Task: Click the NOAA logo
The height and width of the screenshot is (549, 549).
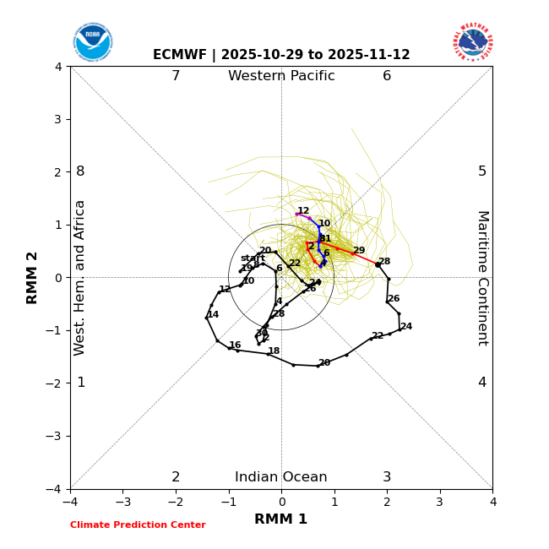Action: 92,42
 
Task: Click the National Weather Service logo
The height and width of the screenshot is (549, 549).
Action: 472,42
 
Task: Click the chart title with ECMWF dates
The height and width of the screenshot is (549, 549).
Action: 281,55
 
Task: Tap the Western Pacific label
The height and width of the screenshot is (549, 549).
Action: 281,76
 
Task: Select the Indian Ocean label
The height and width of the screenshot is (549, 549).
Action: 281,477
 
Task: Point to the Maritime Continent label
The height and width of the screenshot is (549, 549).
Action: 481,278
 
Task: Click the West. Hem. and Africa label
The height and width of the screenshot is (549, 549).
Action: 80,278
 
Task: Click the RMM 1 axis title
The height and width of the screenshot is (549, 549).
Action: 281,519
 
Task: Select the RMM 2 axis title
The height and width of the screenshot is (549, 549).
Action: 33,278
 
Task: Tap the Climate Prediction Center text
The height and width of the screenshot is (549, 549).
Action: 138,525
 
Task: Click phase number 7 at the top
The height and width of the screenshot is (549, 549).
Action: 176,76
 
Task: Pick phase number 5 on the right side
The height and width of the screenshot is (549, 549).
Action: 482,171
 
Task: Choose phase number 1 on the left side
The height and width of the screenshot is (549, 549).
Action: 81,383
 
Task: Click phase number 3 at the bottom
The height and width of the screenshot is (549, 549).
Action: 387,477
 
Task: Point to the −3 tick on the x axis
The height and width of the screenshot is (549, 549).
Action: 122,502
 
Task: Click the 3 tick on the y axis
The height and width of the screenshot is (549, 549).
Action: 57,119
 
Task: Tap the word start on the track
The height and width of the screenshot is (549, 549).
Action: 253,258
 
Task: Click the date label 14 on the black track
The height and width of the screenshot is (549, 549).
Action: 213,315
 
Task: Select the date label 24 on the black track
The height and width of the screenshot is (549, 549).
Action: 406,327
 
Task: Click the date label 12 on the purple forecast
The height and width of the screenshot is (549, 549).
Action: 303,211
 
